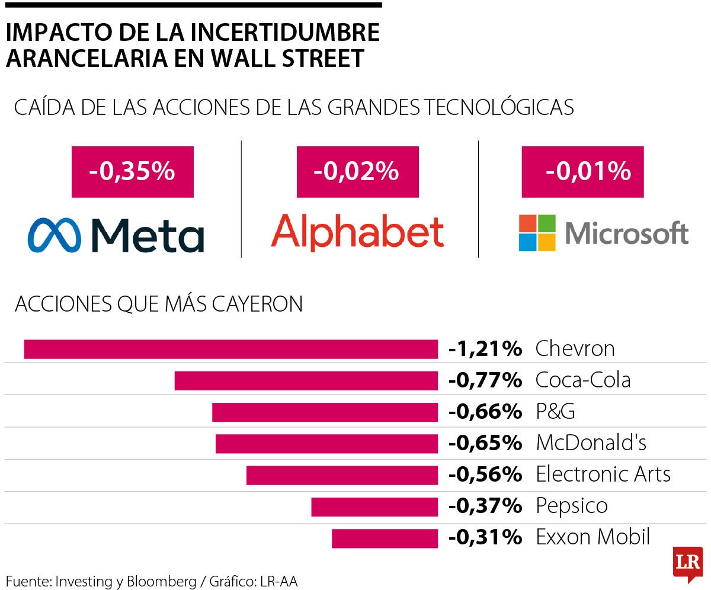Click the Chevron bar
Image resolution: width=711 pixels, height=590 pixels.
pos(230,349)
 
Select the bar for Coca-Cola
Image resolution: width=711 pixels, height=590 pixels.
pos(306,380)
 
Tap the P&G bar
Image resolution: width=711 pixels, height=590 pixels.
pos(325,412)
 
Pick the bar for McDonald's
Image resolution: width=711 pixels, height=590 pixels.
pos(326,444)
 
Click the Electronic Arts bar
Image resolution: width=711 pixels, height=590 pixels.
pos(342,475)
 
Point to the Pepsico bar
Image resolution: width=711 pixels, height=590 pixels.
pos(374,507)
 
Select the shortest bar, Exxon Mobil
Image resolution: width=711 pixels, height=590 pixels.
pos(385,538)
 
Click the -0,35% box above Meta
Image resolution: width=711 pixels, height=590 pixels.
pos(132,172)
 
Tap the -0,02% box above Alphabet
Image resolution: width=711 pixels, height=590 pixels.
pos(357,172)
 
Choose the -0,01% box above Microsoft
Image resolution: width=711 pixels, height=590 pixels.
pos(582,172)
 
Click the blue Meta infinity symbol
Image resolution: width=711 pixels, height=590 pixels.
pos(53,235)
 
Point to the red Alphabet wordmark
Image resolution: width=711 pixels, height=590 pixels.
pos(357,232)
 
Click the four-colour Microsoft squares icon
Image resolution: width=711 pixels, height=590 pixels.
pos(537,233)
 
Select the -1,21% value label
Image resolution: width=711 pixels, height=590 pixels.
pos(485,349)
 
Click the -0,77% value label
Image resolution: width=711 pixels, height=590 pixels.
pos(485,380)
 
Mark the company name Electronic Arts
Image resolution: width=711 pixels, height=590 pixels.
pos(603,475)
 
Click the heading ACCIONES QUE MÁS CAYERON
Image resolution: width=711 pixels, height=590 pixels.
pos(159,304)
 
